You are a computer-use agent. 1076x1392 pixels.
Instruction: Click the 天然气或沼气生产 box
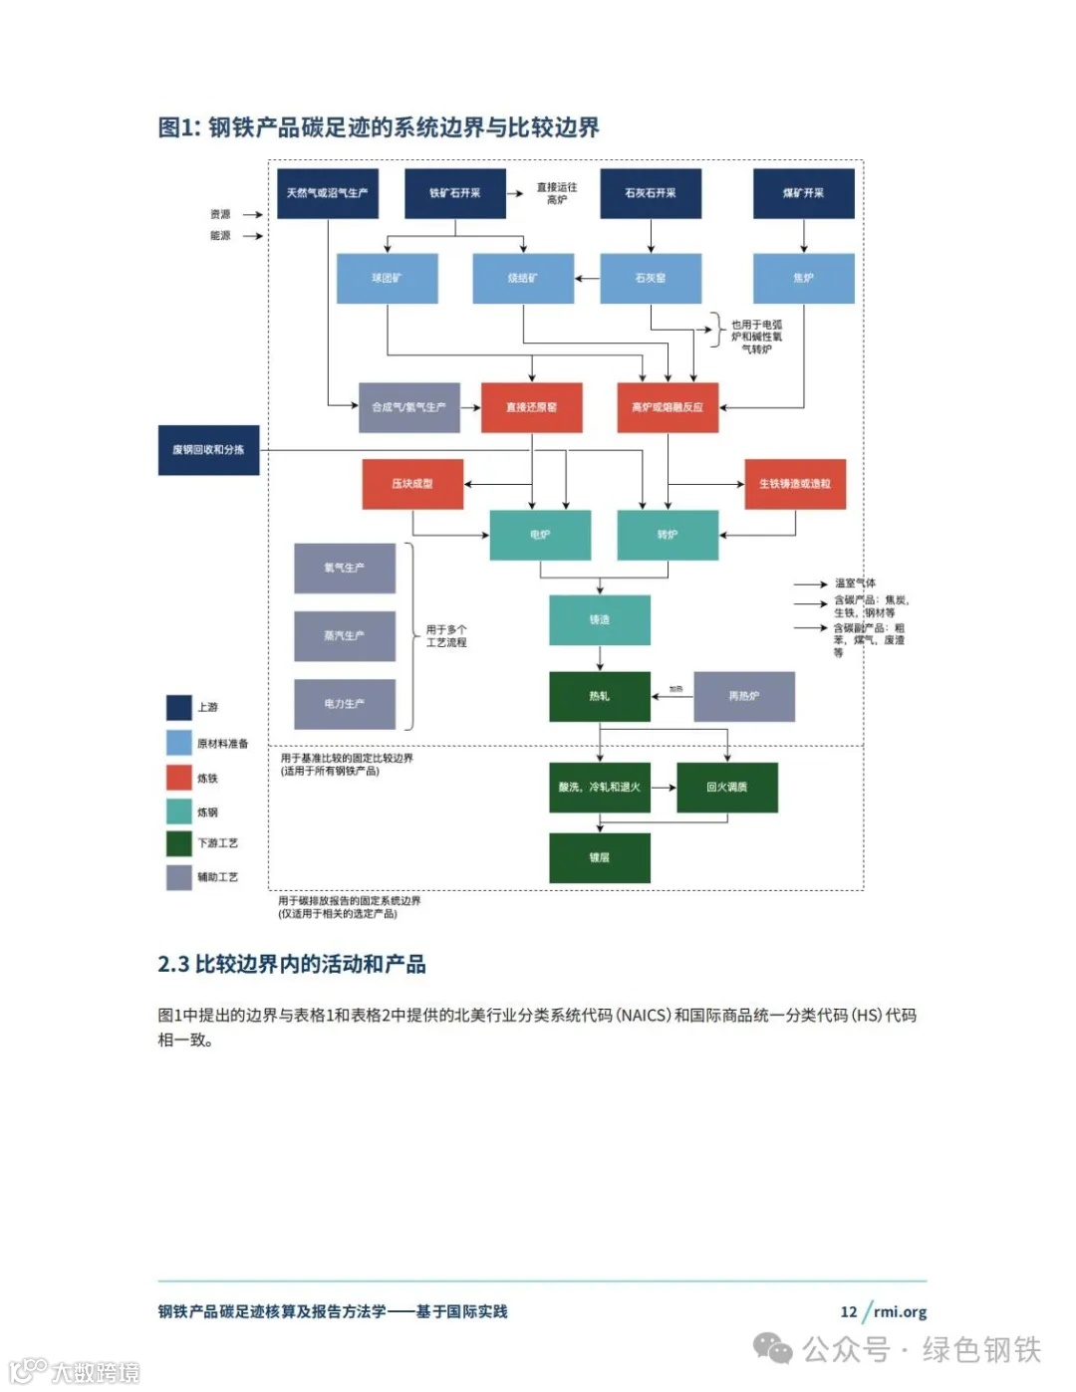click(327, 193)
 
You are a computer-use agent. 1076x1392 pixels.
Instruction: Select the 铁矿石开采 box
click(454, 193)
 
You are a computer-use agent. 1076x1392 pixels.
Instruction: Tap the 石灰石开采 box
click(651, 193)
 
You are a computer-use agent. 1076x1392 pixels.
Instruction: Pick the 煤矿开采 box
click(803, 193)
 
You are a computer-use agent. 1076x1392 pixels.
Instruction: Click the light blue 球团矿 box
click(387, 278)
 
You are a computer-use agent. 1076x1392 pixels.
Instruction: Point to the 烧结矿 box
click(523, 278)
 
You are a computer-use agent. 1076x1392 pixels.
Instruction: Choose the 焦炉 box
click(803, 278)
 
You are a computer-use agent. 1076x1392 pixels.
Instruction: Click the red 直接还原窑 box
click(531, 407)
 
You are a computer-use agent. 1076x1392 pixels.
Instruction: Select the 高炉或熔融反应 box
click(668, 407)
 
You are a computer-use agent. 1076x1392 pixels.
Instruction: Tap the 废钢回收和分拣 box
click(208, 450)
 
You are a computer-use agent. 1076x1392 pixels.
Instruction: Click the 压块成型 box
click(412, 484)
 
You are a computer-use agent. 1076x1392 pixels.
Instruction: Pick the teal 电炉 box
click(540, 535)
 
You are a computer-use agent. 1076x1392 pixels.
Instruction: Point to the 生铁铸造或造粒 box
click(795, 484)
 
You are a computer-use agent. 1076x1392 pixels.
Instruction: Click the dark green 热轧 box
click(599, 696)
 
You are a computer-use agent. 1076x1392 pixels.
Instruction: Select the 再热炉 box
click(744, 696)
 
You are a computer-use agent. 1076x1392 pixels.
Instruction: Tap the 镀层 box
click(599, 857)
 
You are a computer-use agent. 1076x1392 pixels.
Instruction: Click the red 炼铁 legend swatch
click(179, 778)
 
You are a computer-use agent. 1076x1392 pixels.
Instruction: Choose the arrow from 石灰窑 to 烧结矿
click(587, 279)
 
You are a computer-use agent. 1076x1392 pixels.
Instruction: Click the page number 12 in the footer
click(848, 1311)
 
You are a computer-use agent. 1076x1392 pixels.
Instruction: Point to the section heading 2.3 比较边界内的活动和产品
click(292, 964)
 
